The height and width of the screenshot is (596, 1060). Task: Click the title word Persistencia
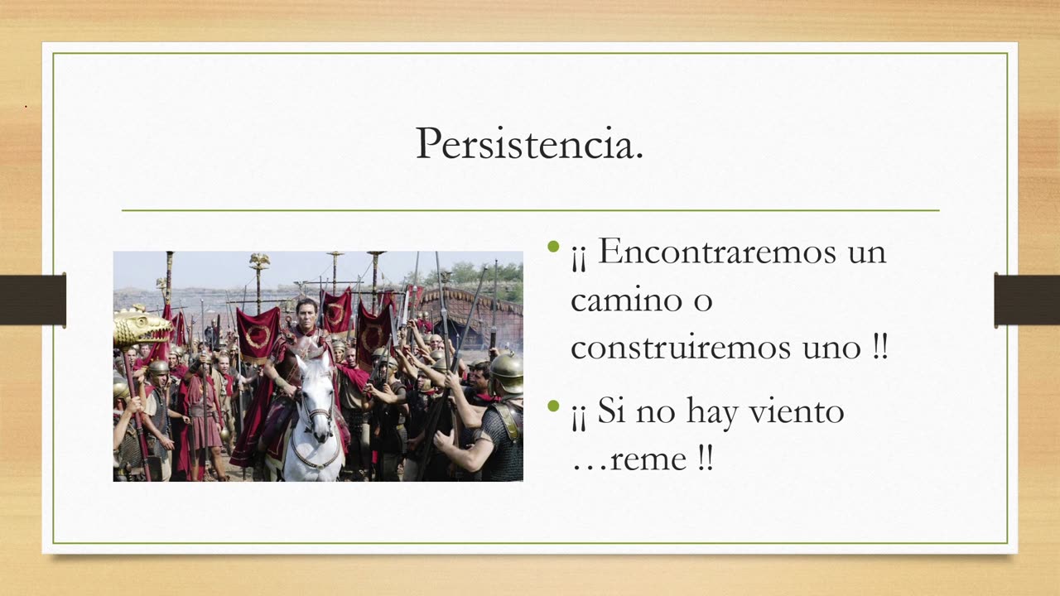[x=529, y=144]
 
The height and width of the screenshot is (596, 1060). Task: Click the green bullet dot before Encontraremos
[x=554, y=247]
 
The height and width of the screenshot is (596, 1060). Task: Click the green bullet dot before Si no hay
[x=554, y=406]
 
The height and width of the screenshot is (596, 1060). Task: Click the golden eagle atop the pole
[x=259, y=261]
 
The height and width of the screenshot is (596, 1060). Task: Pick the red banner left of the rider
[x=258, y=333]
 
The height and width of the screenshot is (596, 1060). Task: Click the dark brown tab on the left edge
[x=33, y=300]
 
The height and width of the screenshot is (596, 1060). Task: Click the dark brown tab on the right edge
[x=1027, y=300]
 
